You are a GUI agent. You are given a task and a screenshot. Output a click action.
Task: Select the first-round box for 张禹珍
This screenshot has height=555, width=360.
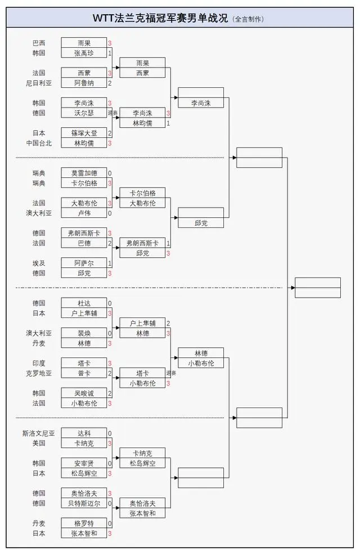click(x=84, y=53)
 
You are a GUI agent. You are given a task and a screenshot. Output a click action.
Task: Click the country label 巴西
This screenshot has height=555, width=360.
click(x=39, y=43)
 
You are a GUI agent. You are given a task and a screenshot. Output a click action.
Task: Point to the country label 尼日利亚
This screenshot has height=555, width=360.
click(x=38, y=83)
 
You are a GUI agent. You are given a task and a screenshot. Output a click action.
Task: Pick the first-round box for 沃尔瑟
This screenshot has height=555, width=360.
click(x=84, y=113)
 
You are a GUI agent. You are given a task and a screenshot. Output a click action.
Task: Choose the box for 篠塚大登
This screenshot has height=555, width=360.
click(x=84, y=133)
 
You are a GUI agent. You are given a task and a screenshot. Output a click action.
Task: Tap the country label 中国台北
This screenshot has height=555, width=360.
click(x=38, y=144)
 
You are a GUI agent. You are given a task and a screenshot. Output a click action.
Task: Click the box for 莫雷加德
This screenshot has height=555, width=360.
click(x=84, y=173)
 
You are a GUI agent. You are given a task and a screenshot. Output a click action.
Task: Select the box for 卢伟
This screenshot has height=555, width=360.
click(x=84, y=213)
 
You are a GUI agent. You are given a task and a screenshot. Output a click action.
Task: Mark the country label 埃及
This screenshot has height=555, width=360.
click(x=39, y=263)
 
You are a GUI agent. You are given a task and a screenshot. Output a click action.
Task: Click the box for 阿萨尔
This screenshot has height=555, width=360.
click(x=84, y=263)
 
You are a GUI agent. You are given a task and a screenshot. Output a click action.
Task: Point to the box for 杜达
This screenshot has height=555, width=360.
click(x=84, y=303)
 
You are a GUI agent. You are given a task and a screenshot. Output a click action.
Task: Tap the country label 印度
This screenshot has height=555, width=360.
click(x=39, y=363)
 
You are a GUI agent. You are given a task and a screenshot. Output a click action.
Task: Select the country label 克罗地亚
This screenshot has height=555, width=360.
click(x=38, y=373)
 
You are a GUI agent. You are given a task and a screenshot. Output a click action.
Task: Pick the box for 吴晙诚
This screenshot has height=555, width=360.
click(x=84, y=393)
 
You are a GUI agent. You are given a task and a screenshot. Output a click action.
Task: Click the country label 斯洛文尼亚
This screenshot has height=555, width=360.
click(x=38, y=433)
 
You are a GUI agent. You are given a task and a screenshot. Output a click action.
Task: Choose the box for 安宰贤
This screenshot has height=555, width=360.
click(x=84, y=463)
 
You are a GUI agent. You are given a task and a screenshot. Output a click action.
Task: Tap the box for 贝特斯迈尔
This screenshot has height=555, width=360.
click(x=84, y=503)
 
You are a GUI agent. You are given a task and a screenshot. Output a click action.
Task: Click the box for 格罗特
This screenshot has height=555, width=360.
click(x=84, y=523)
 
